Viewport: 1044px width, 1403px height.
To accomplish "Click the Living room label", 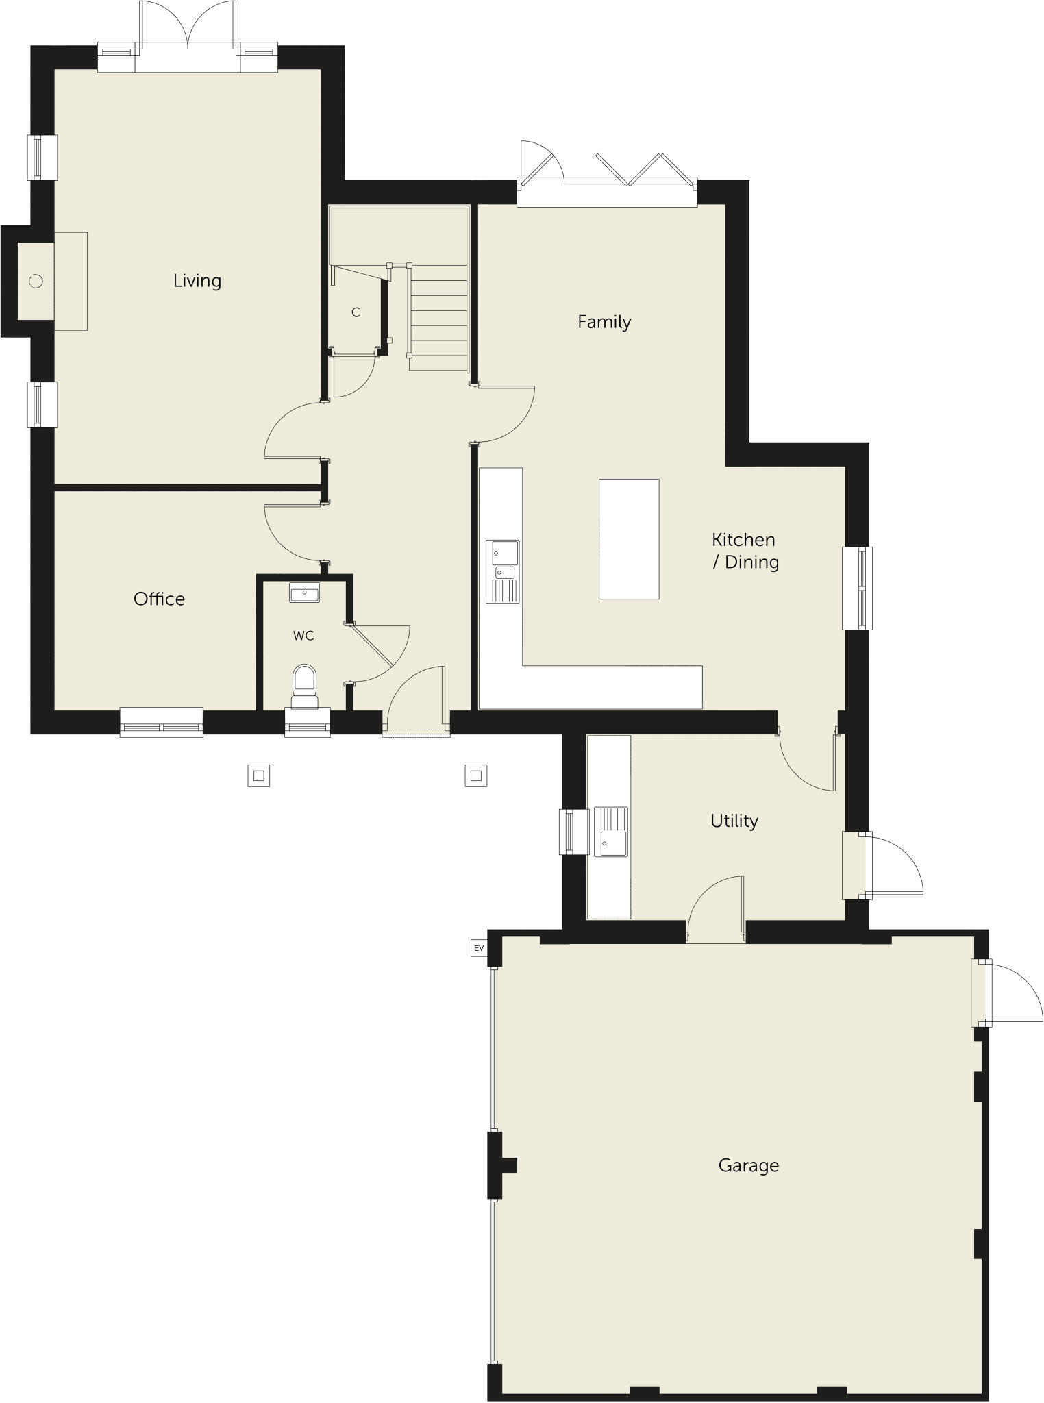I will click(197, 281).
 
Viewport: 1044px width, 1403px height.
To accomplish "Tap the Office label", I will click(159, 599).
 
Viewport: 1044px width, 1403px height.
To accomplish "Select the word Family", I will click(604, 322).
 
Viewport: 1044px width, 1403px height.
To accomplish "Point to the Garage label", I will click(748, 1165).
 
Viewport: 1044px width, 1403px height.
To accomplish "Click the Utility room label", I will click(734, 821).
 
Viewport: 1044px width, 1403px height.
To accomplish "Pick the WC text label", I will click(303, 636).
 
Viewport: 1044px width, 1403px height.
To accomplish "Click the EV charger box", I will click(478, 948).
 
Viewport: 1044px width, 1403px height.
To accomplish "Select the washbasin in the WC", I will click(304, 593).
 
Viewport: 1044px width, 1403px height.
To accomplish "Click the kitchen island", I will click(629, 539).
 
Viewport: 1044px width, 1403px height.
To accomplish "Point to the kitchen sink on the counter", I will click(503, 571).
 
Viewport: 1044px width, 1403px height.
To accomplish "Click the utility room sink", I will click(610, 832).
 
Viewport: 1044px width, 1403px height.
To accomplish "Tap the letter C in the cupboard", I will click(356, 312).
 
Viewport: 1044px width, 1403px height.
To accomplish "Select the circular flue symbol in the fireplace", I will click(36, 281).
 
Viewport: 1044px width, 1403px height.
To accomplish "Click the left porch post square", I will click(258, 775).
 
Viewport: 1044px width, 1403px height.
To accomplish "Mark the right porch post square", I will click(475, 775).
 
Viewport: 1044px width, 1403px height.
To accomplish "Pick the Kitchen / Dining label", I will click(745, 551).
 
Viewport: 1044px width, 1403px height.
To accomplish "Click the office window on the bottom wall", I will click(161, 722).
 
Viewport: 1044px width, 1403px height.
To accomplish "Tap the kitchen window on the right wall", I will click(856, 588).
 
